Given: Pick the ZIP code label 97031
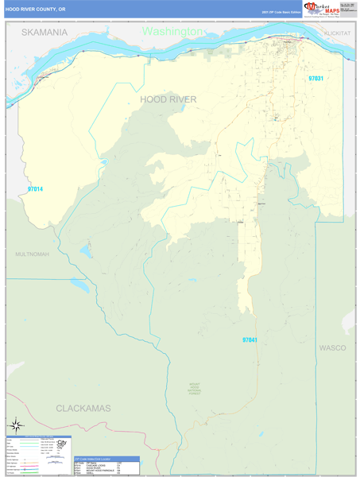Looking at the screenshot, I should [x=316, y=79].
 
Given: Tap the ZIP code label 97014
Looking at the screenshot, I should [x=35, y=189].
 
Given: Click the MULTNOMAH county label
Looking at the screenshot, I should [x=32, y=254].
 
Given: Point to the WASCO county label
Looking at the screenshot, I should [x=332, y=348].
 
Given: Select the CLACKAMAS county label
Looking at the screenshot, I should [x=83, y=407].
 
